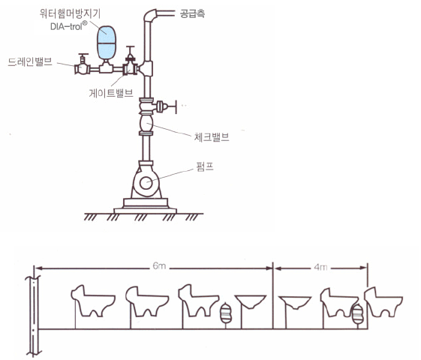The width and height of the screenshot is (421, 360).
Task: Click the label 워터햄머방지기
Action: (x=70, y=13)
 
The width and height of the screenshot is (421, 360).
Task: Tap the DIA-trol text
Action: (x=69, y=26)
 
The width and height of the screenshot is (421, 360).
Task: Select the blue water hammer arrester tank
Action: (x=106, y=43)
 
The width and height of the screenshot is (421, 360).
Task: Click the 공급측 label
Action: (x=192, y=13)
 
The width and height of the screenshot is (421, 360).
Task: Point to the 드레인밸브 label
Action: (x=30, y=62)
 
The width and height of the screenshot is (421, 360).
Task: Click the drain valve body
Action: (x=82, y=67)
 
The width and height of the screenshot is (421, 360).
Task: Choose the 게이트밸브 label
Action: (x=111, y=93)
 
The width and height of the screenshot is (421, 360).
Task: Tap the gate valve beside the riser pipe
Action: (x=131, y=64)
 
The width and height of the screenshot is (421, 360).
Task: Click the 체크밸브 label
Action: (x=212, y=137)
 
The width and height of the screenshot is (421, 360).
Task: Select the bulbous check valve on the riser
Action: (x=146, y=123)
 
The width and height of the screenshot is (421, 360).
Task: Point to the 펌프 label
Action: (x=205, y=166)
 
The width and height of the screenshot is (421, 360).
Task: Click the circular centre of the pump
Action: (x=146, y=184)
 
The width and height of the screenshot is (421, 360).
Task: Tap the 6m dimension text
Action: (x=159, y=266)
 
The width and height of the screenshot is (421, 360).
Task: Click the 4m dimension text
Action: (x=320, y=267)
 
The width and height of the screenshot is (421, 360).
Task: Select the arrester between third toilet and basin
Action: (x=226, y=313)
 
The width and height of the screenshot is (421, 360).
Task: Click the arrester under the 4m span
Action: (x=357, y=313)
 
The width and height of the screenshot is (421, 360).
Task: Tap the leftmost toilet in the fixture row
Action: (x=92, y=301)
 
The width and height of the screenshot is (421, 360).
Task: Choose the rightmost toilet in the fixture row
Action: (x=383, y=301)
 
